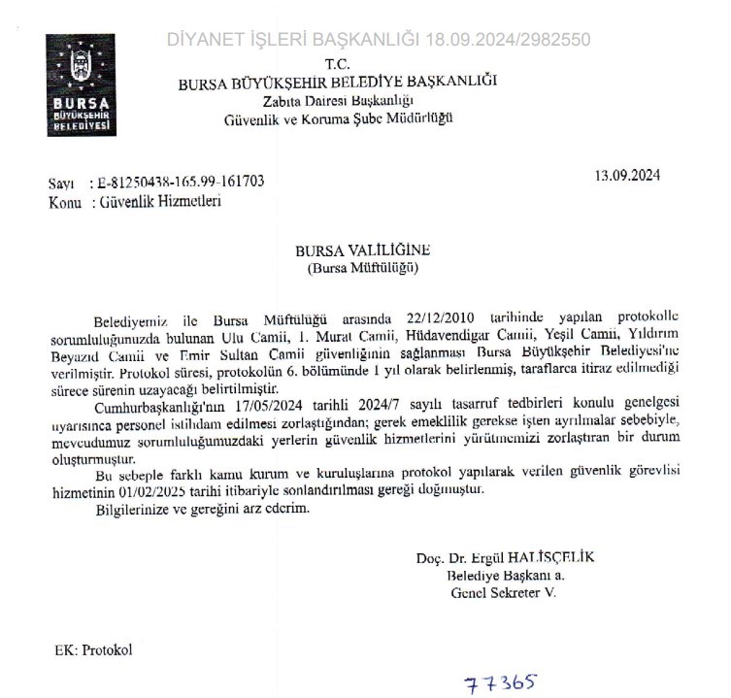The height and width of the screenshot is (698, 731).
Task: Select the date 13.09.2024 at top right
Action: click(627, 175)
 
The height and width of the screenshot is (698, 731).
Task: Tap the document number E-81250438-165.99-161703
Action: click(176, 183)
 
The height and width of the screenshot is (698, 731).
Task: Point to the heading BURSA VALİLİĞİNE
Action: click(364, 249)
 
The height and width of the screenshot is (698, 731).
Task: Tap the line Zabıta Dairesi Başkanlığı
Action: click(337, 101)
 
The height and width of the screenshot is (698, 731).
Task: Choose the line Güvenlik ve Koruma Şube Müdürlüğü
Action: click(337, 118)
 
